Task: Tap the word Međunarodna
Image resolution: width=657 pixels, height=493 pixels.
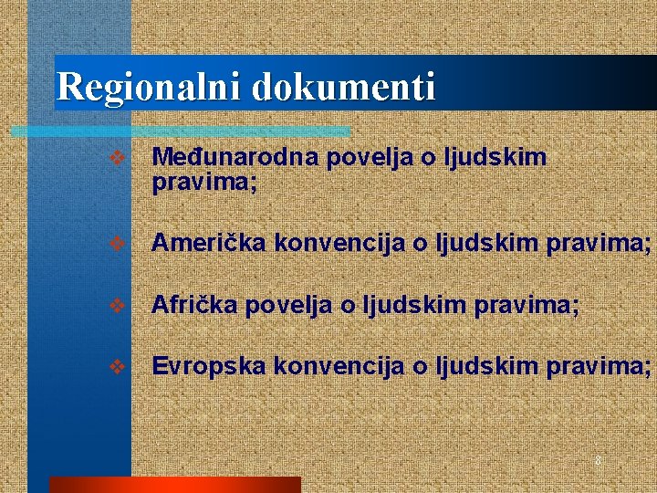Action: [235, 158]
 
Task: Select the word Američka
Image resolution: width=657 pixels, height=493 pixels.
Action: [209, 244]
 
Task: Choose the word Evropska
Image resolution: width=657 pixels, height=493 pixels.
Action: [209, 366]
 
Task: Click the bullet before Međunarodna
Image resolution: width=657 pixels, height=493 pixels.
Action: [116, 159]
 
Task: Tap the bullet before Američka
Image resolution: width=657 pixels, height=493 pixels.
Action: [116, 245]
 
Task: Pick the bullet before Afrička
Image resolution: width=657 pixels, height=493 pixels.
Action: [116, 306]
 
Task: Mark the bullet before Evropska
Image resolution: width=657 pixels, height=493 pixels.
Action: [116, 367]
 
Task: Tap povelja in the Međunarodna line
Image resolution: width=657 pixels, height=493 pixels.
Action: [369, 158]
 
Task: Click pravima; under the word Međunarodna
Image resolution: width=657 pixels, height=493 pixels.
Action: [204, 184]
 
